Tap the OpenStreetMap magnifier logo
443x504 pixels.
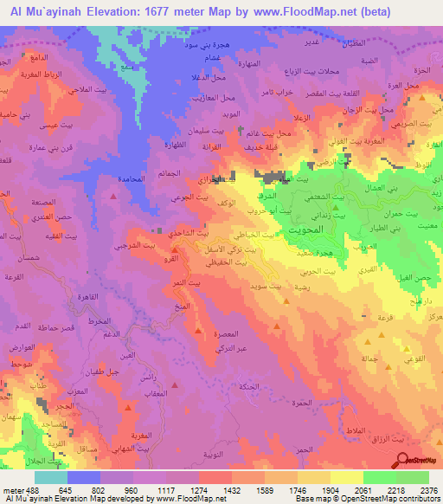401,460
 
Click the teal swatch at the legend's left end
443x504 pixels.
51,477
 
